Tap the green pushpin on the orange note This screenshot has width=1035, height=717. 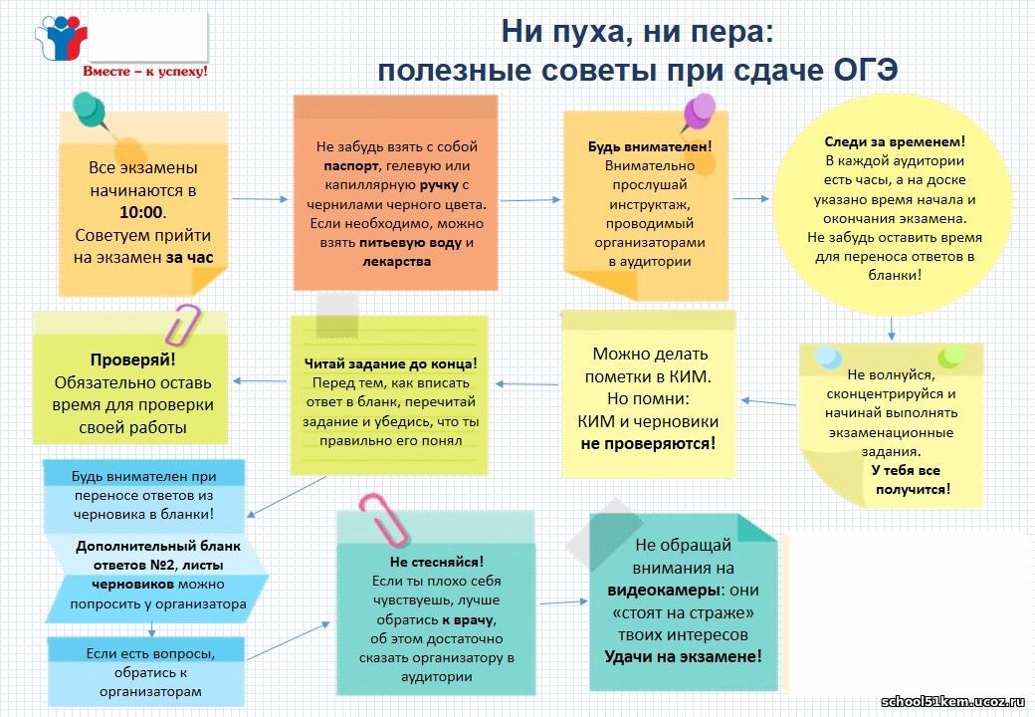92,112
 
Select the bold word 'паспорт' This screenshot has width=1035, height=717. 350,165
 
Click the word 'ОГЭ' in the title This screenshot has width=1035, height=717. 866,70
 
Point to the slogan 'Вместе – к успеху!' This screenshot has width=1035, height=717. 144,72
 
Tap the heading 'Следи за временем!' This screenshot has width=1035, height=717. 895,141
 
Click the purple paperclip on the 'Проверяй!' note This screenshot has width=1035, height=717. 182,325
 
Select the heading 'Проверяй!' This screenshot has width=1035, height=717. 132,359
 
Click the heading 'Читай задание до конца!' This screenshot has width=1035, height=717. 390,363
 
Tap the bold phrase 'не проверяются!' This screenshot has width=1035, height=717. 648,444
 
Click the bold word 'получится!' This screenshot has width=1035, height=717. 913,489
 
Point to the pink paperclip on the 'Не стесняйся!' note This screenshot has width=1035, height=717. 383,520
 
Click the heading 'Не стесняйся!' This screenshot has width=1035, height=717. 436,562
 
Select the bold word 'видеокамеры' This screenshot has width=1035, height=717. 664,591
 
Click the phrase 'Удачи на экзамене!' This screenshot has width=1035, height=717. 683,657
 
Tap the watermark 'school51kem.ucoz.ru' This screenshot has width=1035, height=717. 952,701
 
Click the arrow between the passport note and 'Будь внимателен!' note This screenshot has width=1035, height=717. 530,199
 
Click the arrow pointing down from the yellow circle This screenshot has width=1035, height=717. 891,329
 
